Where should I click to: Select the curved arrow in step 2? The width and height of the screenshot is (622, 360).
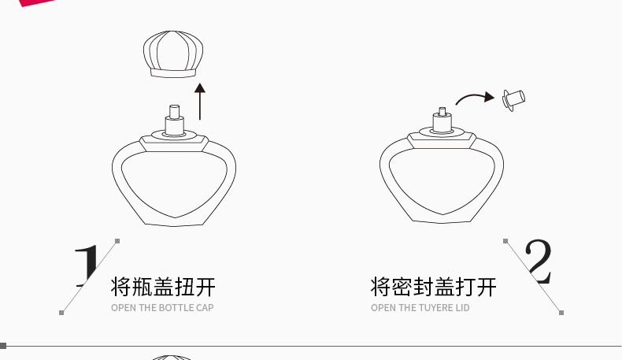pos(472,98)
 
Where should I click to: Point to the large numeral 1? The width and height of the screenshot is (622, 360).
pos(89,265)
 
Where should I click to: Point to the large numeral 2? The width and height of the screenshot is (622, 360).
pos(538,262)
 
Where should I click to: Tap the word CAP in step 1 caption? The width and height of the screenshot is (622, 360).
pos(204,308)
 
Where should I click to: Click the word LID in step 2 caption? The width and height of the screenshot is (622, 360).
pos(462,308)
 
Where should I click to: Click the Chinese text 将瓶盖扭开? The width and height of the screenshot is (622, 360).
pos(164,286)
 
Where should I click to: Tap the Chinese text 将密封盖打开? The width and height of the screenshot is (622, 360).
pos(434,286)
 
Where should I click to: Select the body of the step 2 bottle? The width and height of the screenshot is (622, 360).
pos(442,181)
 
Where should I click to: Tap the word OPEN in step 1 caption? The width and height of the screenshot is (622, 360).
pos(124,308)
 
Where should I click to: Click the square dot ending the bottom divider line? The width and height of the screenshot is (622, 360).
pos(3,346)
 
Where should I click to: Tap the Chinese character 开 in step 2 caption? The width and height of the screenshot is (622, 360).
pos(487,286)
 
